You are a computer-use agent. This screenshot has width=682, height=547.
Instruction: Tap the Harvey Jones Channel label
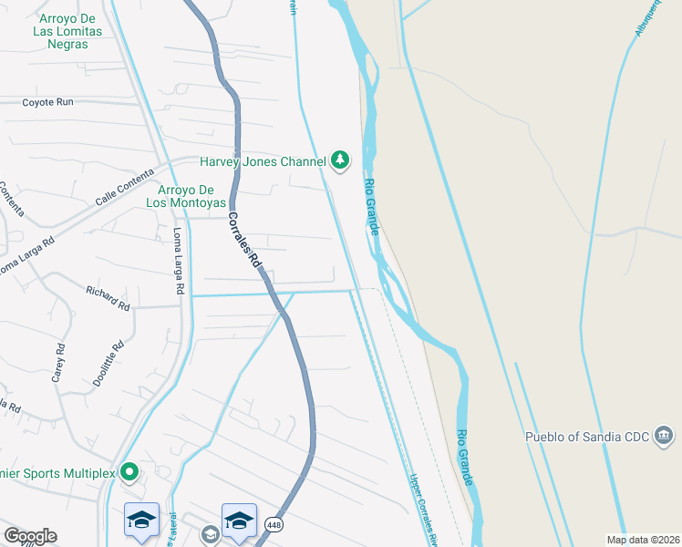pos(263,161)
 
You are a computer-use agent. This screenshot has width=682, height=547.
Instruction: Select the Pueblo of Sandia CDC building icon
pos(663,437)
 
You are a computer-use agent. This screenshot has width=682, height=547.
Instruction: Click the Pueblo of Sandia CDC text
pos(586,437)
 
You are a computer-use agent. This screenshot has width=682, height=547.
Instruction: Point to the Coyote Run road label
pos(47,102)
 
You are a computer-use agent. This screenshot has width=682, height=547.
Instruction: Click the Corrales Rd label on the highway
pos(244,240)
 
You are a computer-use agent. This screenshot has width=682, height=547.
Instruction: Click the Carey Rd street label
pos(58,361)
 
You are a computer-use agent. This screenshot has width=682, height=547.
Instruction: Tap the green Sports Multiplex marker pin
pos(129,471)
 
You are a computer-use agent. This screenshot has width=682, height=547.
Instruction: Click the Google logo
pos(30,536)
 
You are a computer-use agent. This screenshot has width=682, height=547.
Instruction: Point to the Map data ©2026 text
pos(643,540)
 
